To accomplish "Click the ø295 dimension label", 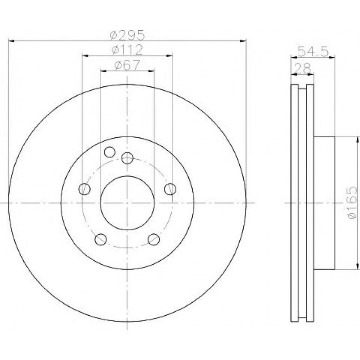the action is point(127,35).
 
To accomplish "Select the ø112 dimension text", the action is point(127,50).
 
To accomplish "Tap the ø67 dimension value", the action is point(127,65).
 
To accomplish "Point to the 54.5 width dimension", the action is point(313,51).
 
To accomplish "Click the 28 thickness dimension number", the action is point(302,68).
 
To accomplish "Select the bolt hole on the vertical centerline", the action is point(127,158).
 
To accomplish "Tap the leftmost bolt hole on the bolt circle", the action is point(84,189).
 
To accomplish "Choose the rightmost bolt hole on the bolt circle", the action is point(170,189).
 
